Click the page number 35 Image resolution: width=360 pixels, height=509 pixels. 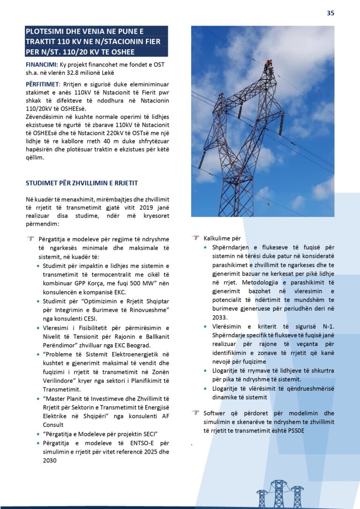330,13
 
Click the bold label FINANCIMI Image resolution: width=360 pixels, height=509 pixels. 41,64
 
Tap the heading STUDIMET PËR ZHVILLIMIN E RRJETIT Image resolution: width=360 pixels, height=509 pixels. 82,183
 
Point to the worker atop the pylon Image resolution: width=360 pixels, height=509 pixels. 268,65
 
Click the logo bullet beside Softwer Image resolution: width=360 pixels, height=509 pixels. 195,413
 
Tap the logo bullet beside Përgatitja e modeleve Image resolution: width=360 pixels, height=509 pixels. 30,239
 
